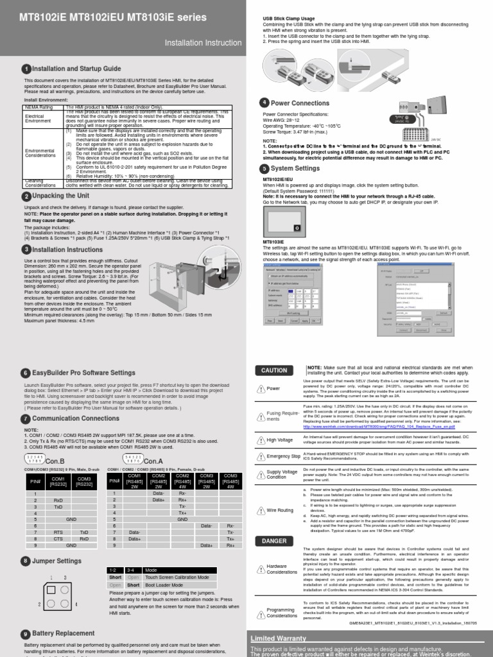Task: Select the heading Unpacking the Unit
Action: click(60, 196)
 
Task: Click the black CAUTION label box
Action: click(274, 370)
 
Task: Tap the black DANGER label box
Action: click(274, 541)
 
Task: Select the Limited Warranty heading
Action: click(278, 639)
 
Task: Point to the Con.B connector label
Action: click(55, 461)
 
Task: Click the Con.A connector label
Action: click(153, 461)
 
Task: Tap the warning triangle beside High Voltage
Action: click(261, 440)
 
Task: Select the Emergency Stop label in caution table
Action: click(283, 456)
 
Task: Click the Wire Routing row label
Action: click(280, 510)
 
